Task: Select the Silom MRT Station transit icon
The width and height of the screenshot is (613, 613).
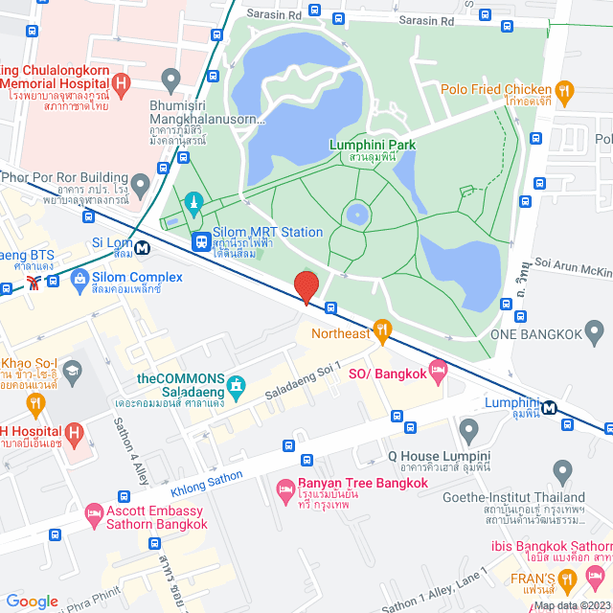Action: (x=201, y=240)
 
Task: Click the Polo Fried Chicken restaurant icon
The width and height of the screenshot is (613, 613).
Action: (x=565, y=93)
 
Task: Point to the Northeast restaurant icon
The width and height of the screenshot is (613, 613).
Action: (x=382, y=331)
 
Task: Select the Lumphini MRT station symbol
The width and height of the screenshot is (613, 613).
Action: (x=550, y=407)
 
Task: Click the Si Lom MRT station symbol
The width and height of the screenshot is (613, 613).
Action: (x=143, y=248)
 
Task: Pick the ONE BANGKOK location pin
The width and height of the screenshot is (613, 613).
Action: (x=595, y=333)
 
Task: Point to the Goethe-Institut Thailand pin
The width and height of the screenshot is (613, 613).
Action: (x=562, y=470)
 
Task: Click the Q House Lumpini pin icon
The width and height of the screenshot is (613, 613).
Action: (x=468, y=428)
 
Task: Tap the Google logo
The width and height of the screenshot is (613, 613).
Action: (x=32, y=601)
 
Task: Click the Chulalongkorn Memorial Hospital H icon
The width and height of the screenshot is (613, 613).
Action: (x=121, y=83)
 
